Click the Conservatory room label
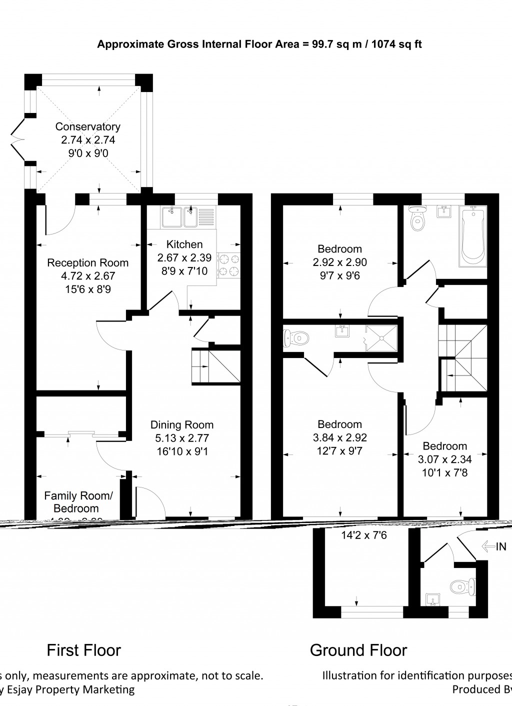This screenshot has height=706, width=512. tap(88, 126)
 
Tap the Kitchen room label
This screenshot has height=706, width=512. tap(184, 244)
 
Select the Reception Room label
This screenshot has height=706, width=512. tap(87, 263)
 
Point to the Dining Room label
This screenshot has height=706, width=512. tap(182, 425)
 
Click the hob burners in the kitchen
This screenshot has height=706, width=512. tap(228, 265)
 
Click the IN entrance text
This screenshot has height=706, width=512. tap(500, 547)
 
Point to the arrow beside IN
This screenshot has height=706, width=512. tap(488, 547)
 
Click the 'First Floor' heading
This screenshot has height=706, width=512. tap(83, 650)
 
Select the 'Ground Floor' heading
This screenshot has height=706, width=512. tap(358, 650)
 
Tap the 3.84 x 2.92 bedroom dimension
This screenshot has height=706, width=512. tap(339, 437)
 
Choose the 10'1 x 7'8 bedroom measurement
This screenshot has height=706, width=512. tap(444, 472)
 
